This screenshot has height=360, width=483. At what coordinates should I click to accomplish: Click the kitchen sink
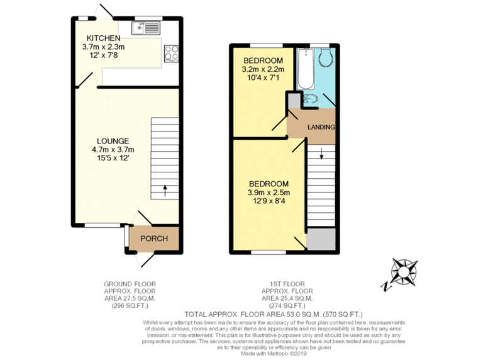coord(146,28)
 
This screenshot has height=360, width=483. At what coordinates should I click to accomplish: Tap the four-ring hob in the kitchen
coord(171,53)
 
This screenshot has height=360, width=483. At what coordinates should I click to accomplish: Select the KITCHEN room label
coord(104,38)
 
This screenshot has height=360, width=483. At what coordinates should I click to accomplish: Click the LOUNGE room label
coord(113,141)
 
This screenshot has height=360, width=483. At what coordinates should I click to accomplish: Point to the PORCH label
coord(154,239)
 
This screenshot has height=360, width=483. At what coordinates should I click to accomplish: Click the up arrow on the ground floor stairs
coord(165,191)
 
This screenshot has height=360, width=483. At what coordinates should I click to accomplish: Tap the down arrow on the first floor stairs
coord(321,154)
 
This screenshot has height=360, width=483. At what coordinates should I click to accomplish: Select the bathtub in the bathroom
coord(306,69)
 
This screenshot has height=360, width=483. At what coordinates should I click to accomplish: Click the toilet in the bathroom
coord(325,57)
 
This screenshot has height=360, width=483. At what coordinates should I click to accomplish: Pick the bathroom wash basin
coord(310,99)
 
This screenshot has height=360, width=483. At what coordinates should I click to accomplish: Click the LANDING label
coord(321,127)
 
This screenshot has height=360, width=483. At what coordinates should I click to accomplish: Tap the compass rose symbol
coord(404,271)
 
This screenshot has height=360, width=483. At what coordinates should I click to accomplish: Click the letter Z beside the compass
coord(385,287)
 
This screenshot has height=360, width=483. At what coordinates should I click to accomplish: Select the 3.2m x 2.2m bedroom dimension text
coord(263,69)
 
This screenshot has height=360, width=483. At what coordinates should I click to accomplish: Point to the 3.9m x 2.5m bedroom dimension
coord(269,193)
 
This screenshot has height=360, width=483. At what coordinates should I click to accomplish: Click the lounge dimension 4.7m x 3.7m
coord(113,150)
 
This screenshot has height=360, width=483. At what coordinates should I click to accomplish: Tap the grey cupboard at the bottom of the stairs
coord(321,239)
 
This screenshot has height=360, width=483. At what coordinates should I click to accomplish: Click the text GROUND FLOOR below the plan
coord(130,284)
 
